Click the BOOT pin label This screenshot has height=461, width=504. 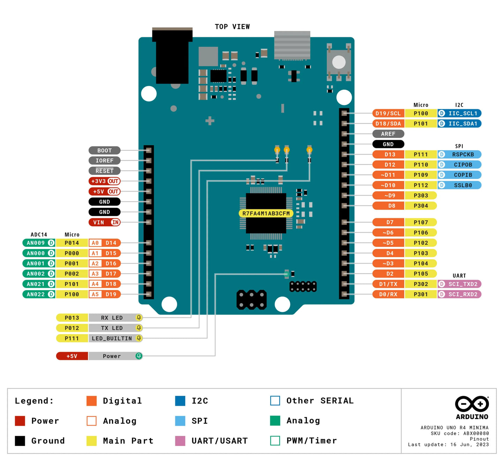tap(104, 151)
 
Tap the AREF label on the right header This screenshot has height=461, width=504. tap(388, 134)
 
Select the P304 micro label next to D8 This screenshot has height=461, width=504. tap(421, 206)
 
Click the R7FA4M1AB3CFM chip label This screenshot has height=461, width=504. tap(266, 213)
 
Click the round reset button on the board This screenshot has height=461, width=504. tap(339, 62)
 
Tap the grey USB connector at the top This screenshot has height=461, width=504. tap(292, 45)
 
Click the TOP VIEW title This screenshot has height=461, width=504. tap(232, 27)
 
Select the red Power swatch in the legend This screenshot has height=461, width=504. tap(20, 421)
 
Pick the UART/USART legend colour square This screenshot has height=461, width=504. tap(180, 441)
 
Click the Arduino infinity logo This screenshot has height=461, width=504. tap(472, 404)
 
